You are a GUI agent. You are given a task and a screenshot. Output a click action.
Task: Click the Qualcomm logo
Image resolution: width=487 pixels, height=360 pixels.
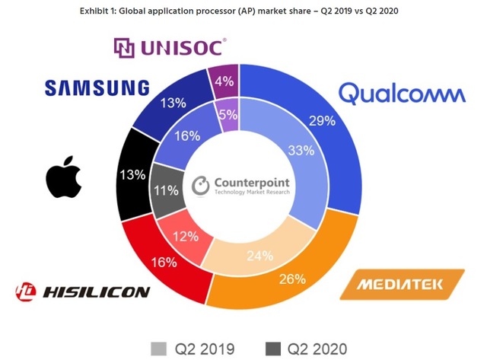(x=401, y=93)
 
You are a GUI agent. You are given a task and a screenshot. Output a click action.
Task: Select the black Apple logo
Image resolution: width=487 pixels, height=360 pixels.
(x=63, y=177)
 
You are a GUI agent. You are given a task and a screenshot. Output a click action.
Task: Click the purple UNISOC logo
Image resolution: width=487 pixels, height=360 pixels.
(x=169, y=48)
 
